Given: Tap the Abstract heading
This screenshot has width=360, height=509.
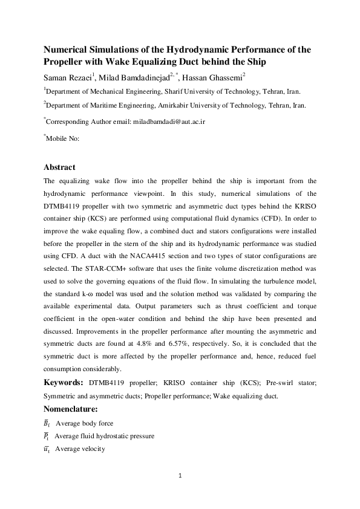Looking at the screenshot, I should tap(60, 167).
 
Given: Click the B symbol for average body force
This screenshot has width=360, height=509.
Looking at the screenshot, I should tap(48, 423).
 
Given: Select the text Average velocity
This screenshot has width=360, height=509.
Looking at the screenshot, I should tap(80, 449).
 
